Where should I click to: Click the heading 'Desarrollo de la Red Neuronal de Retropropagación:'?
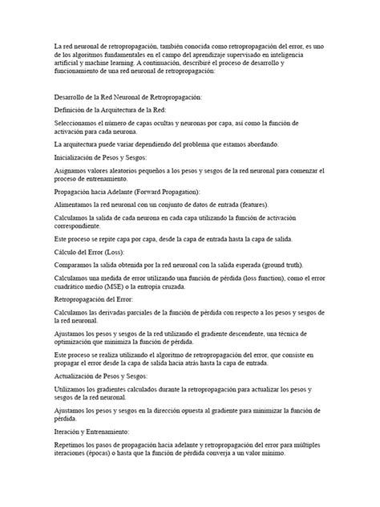tap(127, 98)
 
